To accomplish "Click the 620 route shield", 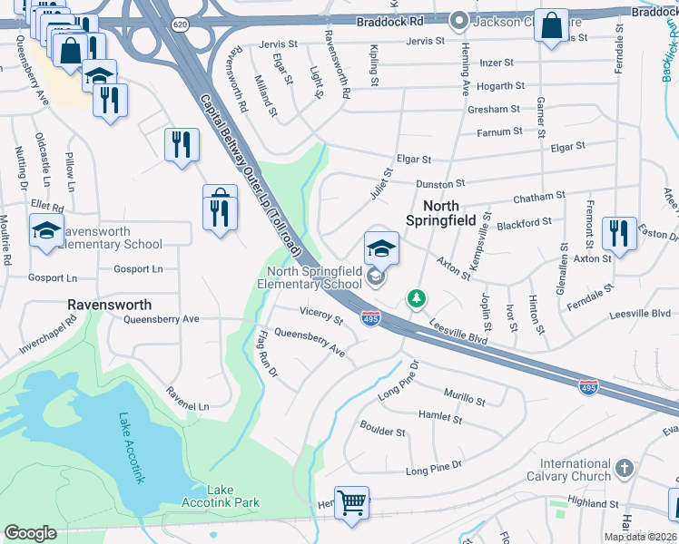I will pos(181,25).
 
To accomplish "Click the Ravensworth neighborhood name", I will pos(109,305).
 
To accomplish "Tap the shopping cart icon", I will pos(351,500).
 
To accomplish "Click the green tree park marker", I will pos(416,297).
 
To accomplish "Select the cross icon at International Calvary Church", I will pos(624,468).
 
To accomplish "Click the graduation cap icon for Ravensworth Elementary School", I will pos(46,230).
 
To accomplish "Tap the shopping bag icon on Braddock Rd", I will pos(551,26).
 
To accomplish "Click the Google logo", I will pos(30,533).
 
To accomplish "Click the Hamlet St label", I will pos(440,416).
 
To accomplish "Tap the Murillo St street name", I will pos(464,395).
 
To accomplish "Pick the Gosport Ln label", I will pos(138,269).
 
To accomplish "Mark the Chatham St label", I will pos(538,195).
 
